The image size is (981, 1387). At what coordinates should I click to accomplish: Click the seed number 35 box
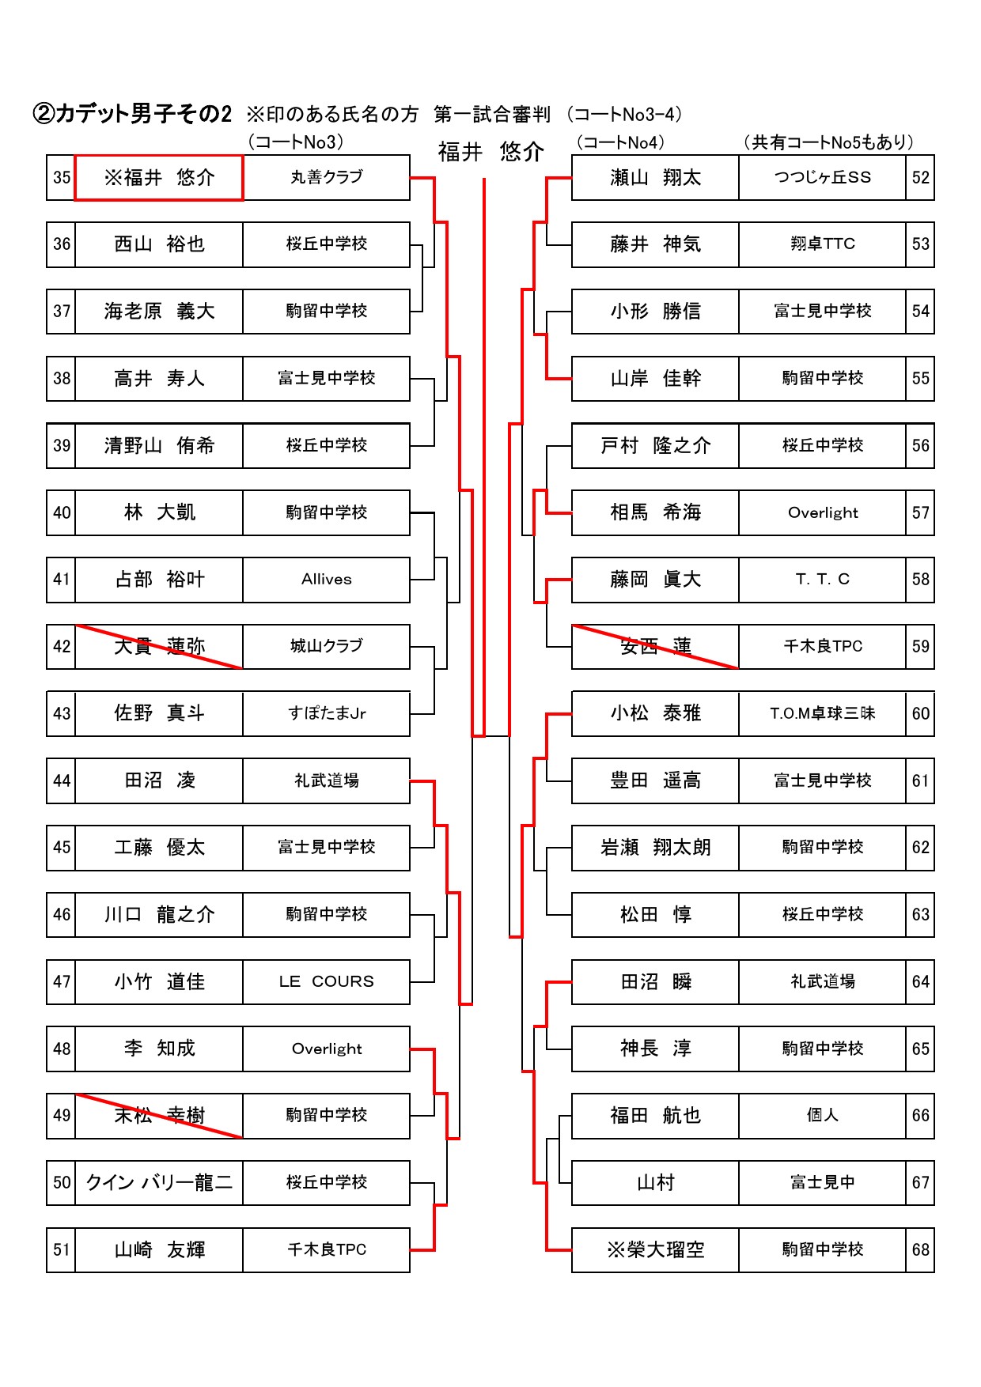click(61, 178)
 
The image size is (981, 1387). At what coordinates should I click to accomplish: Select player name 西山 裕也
click(159, 244)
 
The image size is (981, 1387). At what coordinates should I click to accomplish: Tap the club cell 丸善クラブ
click(326, 178)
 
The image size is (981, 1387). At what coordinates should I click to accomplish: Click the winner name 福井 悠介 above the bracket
click(490, 152)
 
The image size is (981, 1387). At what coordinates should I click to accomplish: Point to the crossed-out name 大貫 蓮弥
click(159, 647)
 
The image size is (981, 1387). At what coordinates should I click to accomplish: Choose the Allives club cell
click(326, 580)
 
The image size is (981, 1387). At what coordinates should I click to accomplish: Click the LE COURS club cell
click(326, 982)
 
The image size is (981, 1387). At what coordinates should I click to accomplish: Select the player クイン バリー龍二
click(159, 1183)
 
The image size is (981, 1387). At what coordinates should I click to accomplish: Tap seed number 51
click(61, 1250)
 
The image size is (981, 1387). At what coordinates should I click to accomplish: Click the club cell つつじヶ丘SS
click(822, 178)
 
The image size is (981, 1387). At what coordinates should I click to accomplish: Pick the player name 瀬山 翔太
click(655, 178)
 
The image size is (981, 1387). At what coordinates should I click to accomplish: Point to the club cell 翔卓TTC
click(822, 244)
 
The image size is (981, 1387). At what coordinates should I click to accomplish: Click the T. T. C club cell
click(822, 580)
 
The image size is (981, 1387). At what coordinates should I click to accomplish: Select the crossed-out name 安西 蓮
click(655, 647)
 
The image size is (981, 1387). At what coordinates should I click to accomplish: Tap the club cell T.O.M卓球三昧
click(822, 714)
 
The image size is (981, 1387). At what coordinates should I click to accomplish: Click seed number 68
click(920, 1250)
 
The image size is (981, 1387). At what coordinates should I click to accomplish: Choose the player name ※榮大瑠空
click(655, 1250)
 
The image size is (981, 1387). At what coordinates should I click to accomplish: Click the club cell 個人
click(822, 1116)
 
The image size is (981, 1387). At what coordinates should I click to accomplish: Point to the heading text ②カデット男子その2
click(132, 115)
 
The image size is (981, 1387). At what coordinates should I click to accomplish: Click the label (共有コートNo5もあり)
click(828, 142)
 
